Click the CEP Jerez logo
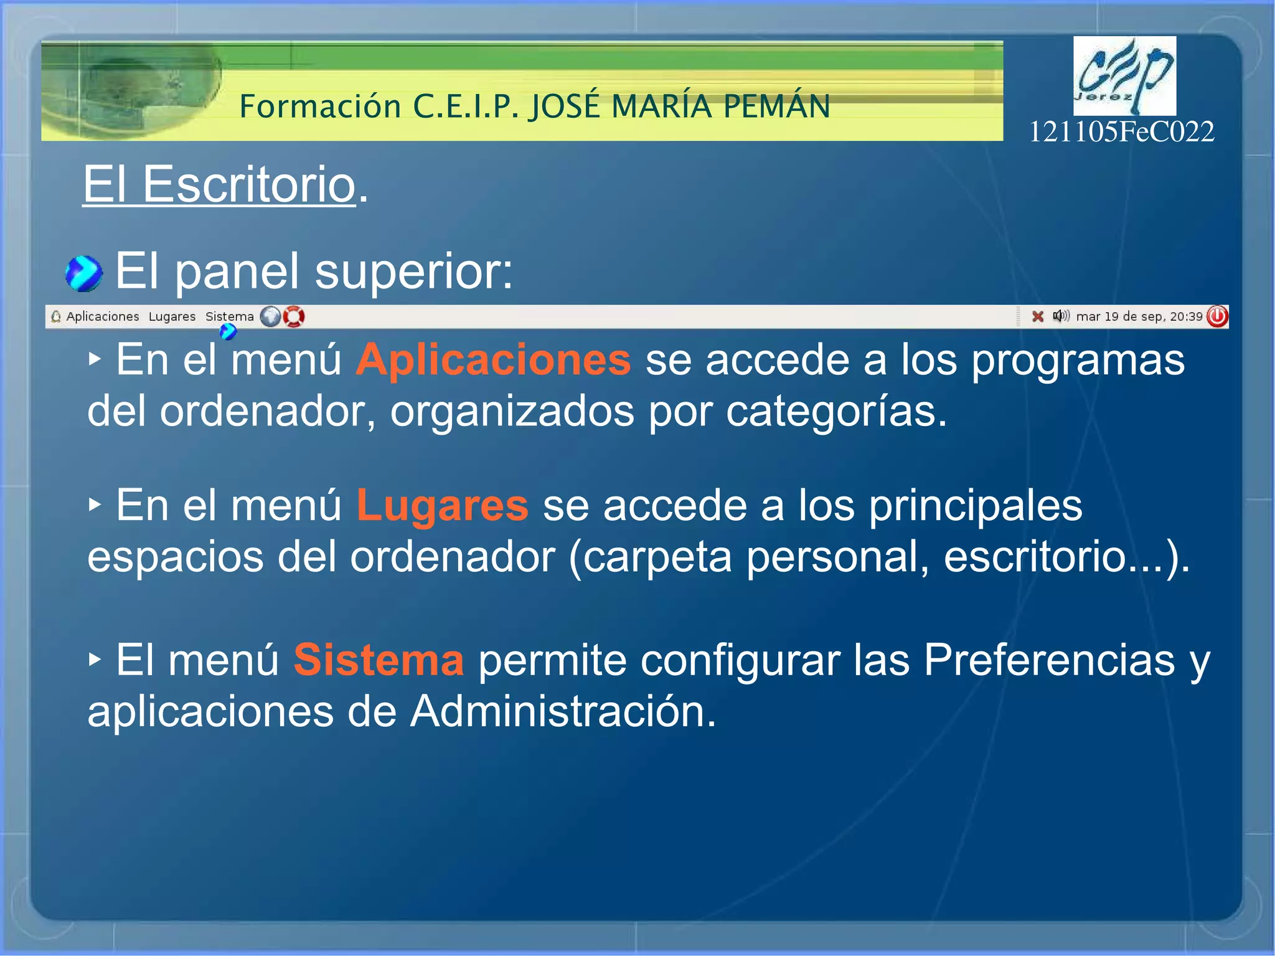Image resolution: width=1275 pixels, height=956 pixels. point(1124,75)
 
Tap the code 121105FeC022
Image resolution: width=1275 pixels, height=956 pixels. point(1121,132)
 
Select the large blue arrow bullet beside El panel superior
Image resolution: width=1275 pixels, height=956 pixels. point(83,273)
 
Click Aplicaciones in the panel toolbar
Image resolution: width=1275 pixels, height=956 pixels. point(102,316)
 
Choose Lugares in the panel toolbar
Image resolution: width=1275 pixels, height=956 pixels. point(172,316)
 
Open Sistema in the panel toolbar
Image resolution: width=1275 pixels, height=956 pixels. point(229,316)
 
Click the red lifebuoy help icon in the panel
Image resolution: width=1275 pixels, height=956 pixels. point(294,316)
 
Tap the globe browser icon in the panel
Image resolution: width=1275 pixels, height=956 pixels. point(270,316)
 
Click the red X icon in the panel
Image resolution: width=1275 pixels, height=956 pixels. point(1037,316)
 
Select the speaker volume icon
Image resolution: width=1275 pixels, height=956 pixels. point(1060,316)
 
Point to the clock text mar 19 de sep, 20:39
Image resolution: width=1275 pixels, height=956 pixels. point(1139,316)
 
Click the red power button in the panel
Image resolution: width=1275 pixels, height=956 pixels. point(1217,316)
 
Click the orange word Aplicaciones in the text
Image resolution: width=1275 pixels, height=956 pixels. point(493,360)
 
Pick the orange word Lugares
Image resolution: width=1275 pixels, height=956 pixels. point(442,505)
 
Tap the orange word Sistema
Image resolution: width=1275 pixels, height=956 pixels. point(379,660)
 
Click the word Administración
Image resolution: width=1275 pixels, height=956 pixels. point(563,711)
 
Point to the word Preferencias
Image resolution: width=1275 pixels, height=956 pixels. point(1049,660)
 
